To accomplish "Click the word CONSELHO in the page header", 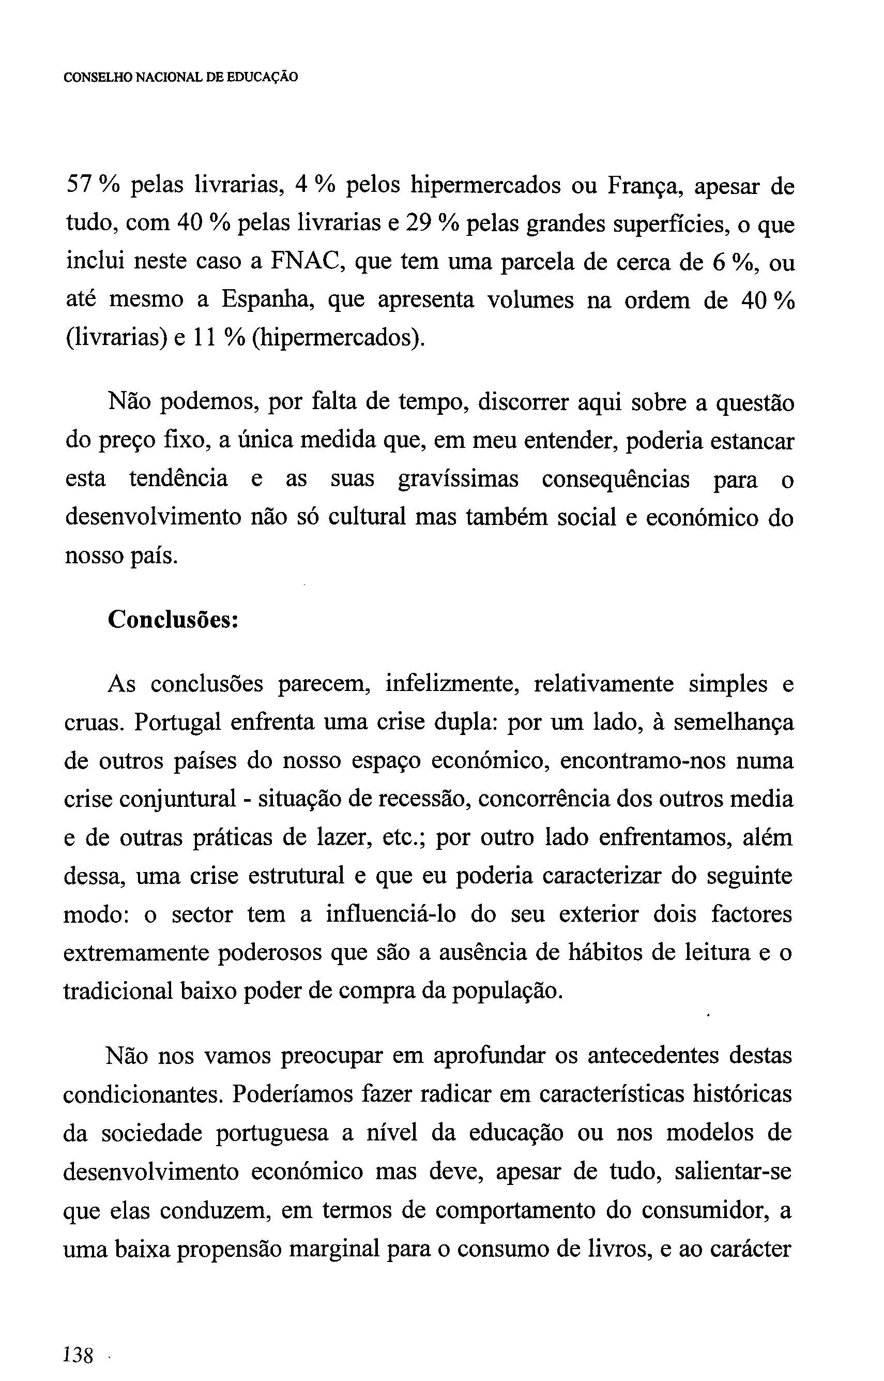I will point(98,78).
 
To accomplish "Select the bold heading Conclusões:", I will point(173,620).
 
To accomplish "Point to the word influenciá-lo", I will point(391,914).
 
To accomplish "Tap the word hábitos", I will point(604,953).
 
